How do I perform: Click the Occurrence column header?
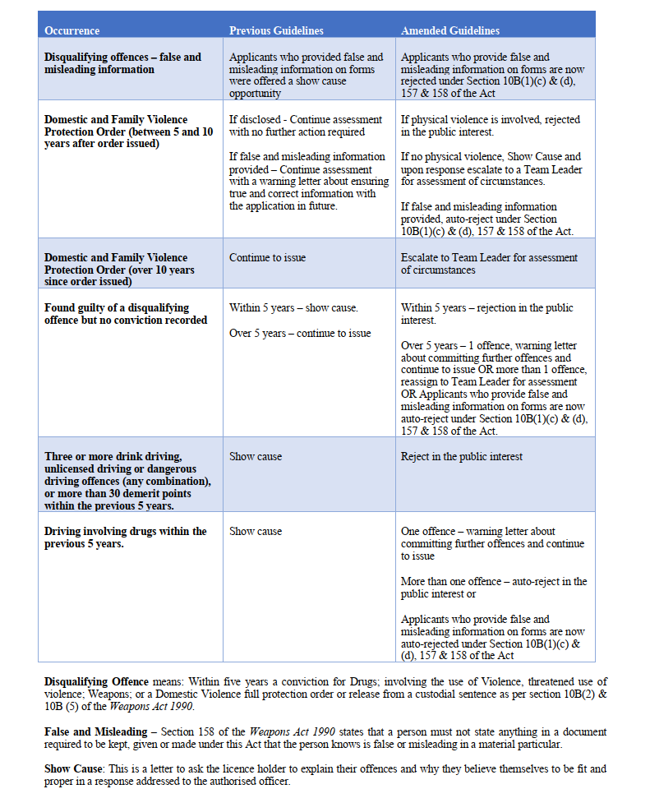pyautogui.click(x=71, y=30)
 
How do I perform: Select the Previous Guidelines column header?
pyautogui.click(x=276, y=30)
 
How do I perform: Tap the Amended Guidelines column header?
pyautogui.click(x=449, y=30)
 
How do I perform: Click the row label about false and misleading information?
pyautogui.click(x=122, y=63)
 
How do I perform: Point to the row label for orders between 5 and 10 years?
pyautogui.click(x=127, y=131)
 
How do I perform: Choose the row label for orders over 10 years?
pyautogui.click(x=119, y=270)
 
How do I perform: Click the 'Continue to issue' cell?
pyautogui.click(x=267, y=257)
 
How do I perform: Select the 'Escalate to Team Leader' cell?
pyautogui.click(x=488, y=263)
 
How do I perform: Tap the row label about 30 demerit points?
pyautogui.click(x=127, y=481)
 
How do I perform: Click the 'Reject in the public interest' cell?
pyautogui.click(x=461, y=456)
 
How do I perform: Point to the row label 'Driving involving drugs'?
pyautogui.click(x=125, y=537)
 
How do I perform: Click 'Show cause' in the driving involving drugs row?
pyautogui.click(x=255, y=531)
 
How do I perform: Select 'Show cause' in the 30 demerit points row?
pyautogui.click(x=255, y=456)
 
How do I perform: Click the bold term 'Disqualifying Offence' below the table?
pyautogui.click(x=96, y=681)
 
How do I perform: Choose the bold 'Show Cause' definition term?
pyautogui.click(x=73, y=769)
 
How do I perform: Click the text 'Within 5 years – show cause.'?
pyautogui.click(x=293, y=307)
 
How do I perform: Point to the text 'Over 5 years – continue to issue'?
pyautogui.click(x=300, y=333)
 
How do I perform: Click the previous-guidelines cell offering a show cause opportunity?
pyautogui.click(x=306, y=76)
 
